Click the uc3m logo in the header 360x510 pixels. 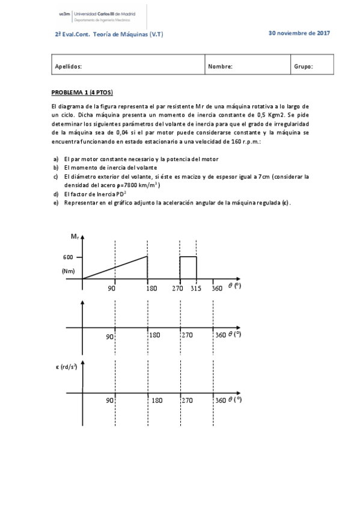pos(64,12)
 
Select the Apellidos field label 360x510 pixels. pos(68,67)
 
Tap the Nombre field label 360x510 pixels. pos(220,67)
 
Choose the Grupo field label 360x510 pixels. pos(304,67)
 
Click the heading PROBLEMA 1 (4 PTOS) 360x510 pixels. pos(82,92)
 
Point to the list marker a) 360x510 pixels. pos(56,159)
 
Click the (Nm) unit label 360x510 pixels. pos(68,271)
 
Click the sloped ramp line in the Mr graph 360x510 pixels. pos(115,268)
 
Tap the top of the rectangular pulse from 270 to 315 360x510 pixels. pos(188,257)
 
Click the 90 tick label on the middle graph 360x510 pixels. pos(110,336)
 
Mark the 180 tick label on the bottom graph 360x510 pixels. pos(156,400)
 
